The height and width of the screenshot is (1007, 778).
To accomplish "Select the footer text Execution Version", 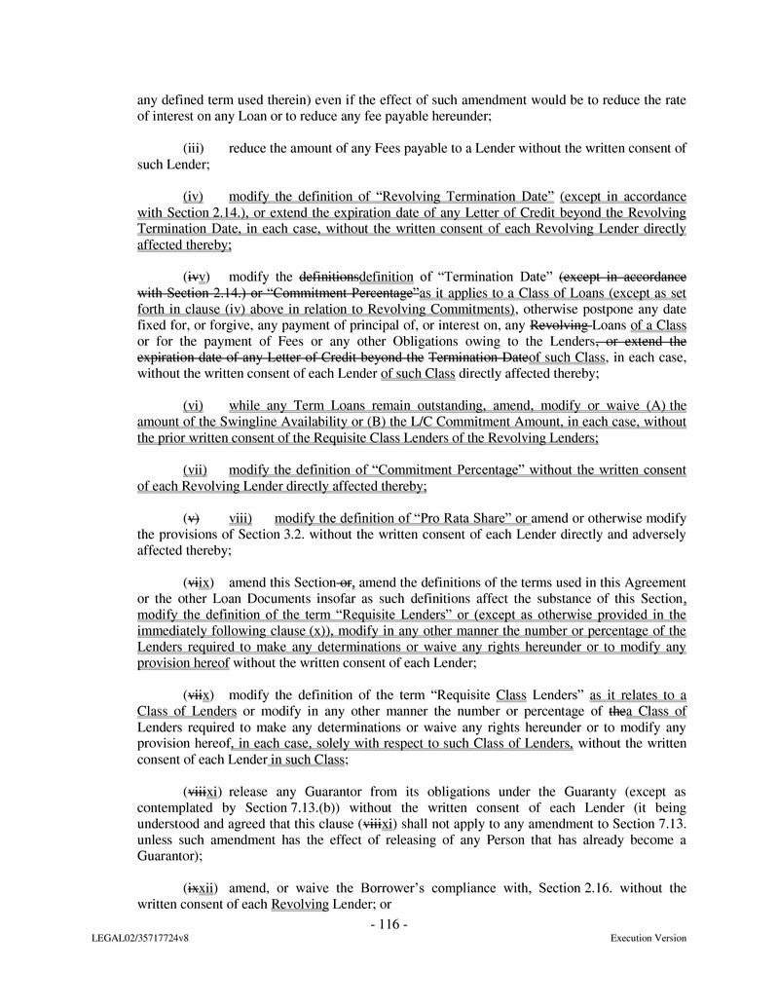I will click(648, 938).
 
